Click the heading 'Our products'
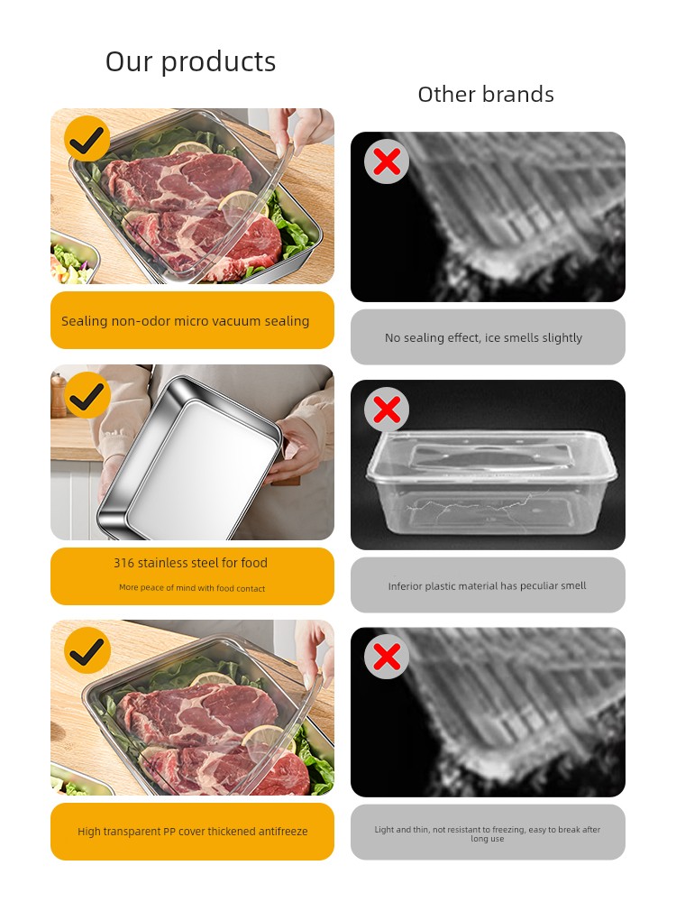tap(190, 61)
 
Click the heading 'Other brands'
tap(486, 95)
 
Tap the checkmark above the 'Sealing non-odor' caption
tap(87, 139)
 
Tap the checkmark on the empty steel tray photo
tap(87, 395)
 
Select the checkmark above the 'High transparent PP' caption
tap(87, 650)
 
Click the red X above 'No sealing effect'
tap(387, 161)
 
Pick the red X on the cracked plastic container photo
tap(387, 410)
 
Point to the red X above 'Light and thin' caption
tap(387, 657)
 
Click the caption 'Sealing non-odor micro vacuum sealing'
tap(185, 321)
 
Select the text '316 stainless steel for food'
tap(190, 563)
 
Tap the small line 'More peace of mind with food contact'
tap(192, 588)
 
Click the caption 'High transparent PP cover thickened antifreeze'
tap(193, 832)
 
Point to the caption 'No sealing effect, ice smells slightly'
tap(483, 337)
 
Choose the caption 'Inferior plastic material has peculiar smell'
tap(487, 585)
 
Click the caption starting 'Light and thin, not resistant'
tap(488, 834)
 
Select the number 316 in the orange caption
tap(123, 563)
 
